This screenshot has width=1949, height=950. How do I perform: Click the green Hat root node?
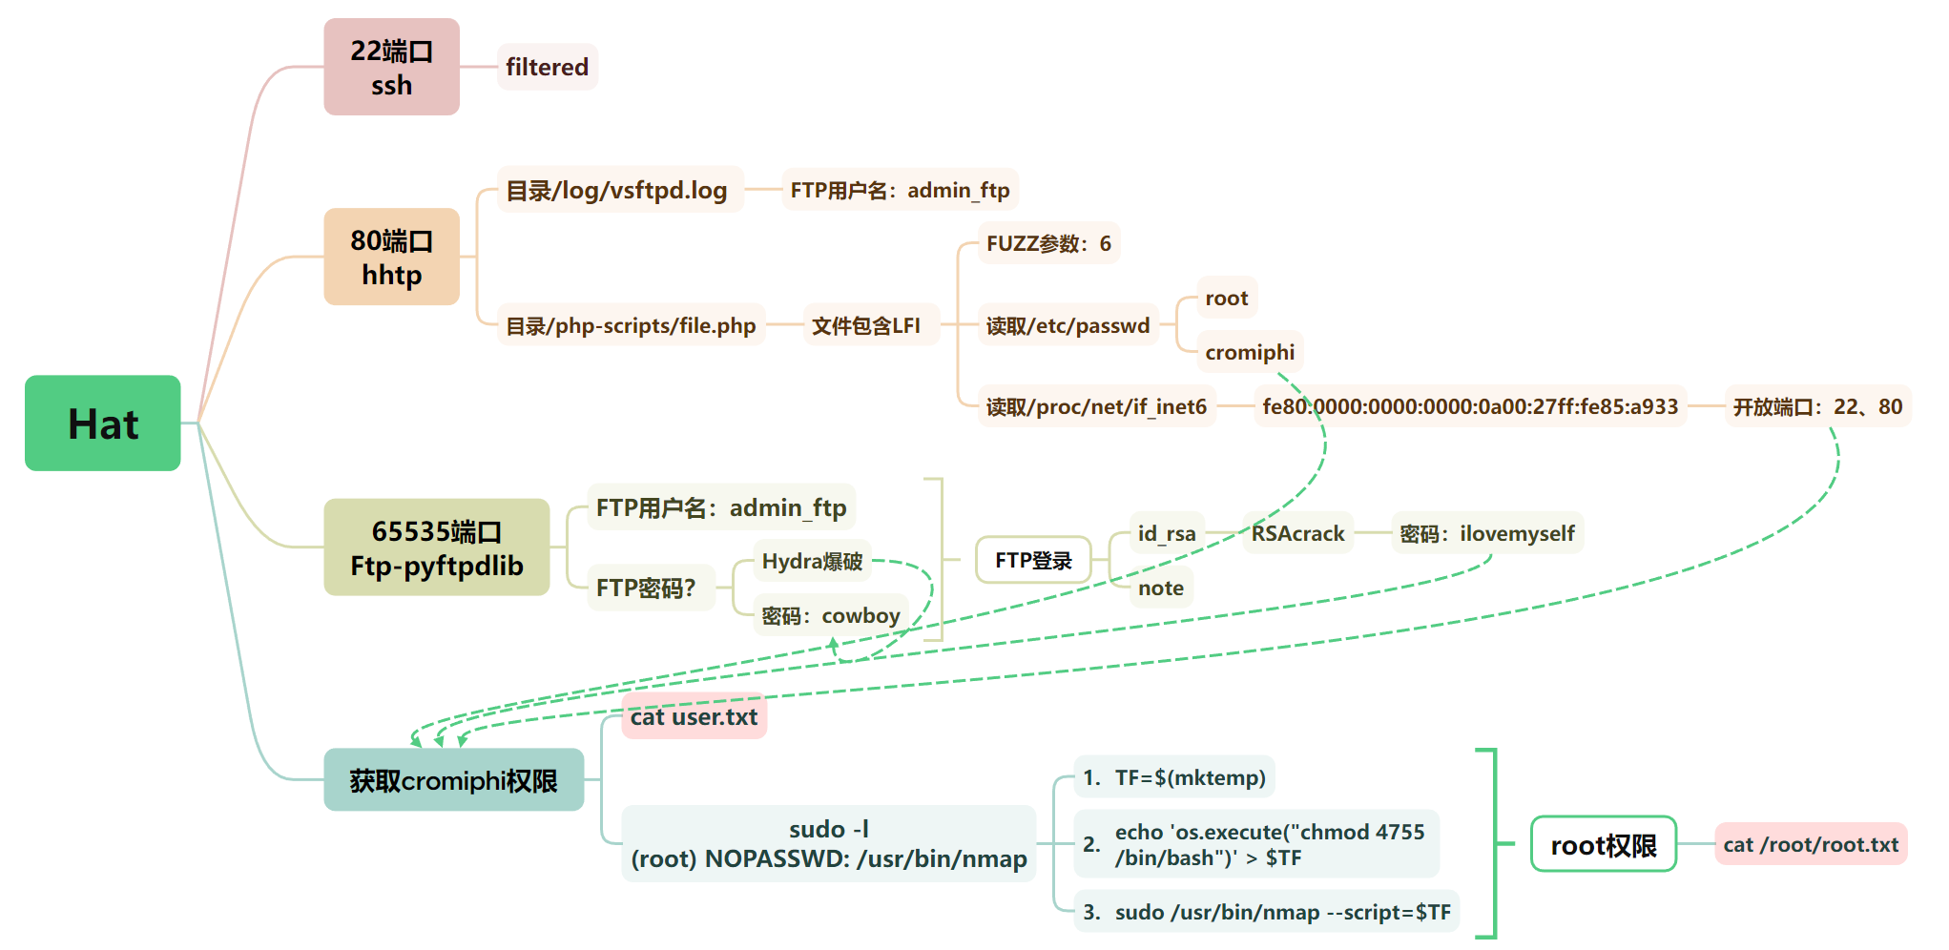click(x=103, y=423)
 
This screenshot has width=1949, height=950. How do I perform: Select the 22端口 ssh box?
click(x=391, y=67)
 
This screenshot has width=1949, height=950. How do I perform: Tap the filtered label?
click(x=547, y=67)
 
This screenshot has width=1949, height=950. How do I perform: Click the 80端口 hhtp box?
click(x=391, y=257)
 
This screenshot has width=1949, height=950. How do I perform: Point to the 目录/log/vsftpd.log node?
click(x=616, y=190)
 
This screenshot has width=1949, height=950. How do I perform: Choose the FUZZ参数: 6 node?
click(x=1048, y=243)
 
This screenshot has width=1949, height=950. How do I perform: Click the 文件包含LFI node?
click(x=865, y=325)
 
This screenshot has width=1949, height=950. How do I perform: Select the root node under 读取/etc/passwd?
click(x=1226, y=298)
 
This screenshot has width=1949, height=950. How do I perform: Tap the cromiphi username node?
click(x=1249, y=352)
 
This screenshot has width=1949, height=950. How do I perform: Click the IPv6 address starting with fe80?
click(x=1469, y=406)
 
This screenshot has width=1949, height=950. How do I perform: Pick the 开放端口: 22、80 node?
click(x=1816, y=406)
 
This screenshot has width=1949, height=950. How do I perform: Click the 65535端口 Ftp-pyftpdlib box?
click(x=436, y=547)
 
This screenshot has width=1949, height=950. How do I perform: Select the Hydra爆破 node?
click(x=812, y=561)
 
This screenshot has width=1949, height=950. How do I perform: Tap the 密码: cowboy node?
click(x=830, y=615)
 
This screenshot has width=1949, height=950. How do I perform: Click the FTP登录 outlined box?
click(x=1033, y=560)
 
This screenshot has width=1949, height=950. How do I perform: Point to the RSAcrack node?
click(x=1297, y=533)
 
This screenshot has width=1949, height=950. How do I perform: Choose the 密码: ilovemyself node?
click(x=1486, y=533)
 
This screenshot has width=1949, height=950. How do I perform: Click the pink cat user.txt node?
click(x=694, y=716)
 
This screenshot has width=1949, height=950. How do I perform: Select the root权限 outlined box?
click(x=1603, y=844)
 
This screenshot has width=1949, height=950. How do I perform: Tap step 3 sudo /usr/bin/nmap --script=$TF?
click(x=1266, y=912)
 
